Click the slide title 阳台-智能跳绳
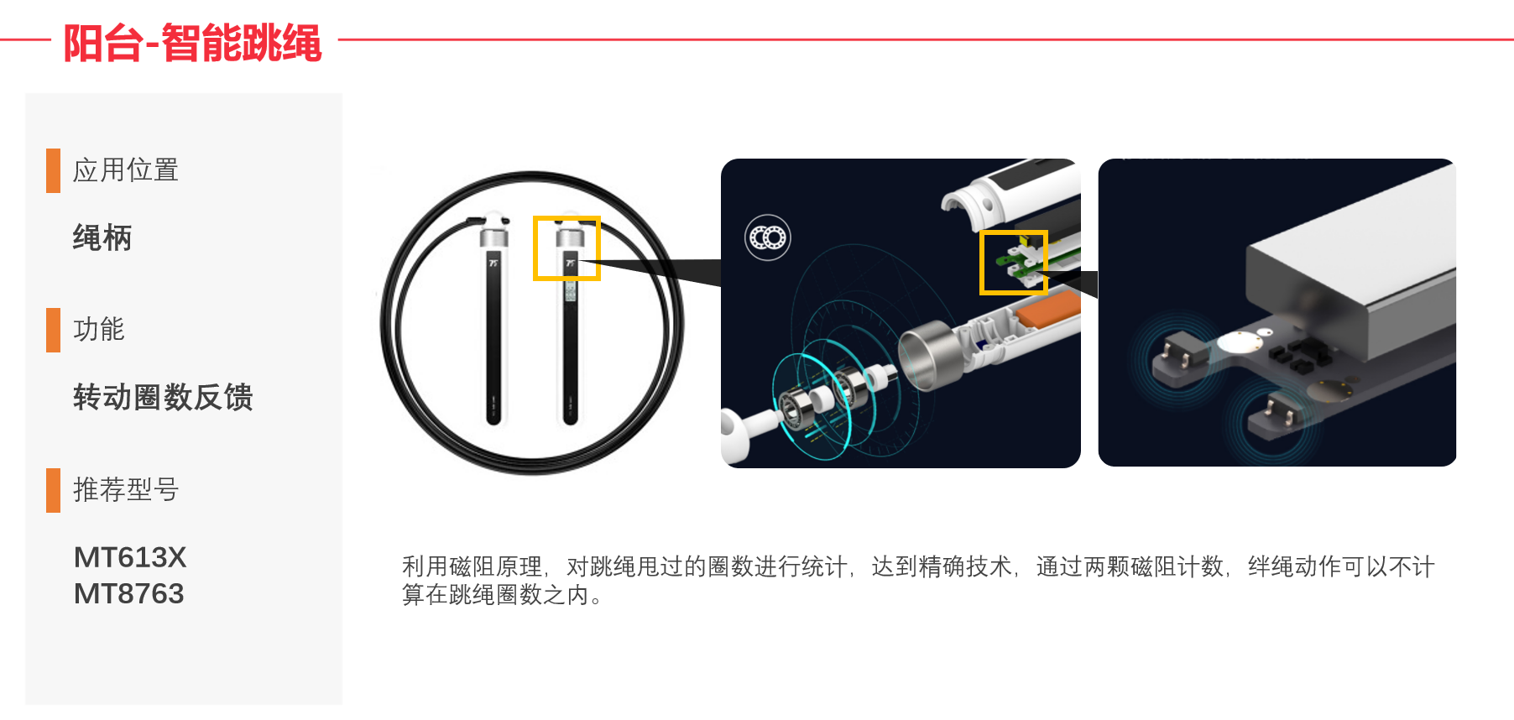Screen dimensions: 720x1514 pos(192,43)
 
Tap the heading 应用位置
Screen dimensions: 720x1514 pos(125,170)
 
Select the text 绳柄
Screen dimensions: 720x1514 pos(102,238)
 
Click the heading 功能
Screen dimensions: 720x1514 pos(98,330)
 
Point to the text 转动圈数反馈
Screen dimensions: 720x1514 pos(163,397)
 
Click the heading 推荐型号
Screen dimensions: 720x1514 pos(125,489)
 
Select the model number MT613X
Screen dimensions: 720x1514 pos(130,557)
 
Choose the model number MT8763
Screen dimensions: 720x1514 pos(128,594)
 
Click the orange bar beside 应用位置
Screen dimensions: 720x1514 pos(54,170)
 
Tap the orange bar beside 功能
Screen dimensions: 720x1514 pos(54,330)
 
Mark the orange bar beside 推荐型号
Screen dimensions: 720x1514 pos(54,490)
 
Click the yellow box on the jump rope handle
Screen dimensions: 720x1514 pos(566,248)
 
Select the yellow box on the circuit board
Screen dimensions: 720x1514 pos(1014,263)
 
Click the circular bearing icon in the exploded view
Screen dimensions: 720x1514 pos(768,238)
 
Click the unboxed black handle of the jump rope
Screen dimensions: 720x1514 pos(493,336)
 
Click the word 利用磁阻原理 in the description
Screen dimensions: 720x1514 pos(472,567)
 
